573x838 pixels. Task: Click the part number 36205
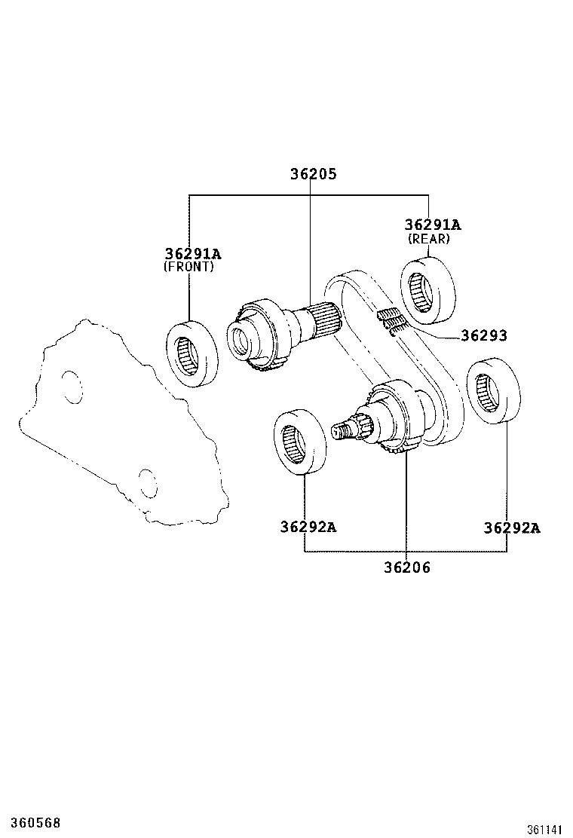[x=313, y=174]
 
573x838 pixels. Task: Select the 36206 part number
[x=406, y=568]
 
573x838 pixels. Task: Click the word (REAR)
[x=428, y=239]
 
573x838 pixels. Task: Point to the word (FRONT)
[x=188, y=267]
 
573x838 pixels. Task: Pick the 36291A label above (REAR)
[x=432, y=225]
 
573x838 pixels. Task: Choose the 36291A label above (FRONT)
[x=193, y=254]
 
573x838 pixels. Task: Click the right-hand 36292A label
[x=512, y=528]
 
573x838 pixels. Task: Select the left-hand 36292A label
[x=308, y=528]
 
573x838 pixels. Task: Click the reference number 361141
[x=544, y=829]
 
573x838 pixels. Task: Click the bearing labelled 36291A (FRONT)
[x=192, y=354]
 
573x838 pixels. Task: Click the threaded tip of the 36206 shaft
[x=342, y=430]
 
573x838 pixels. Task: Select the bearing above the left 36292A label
[x=299, y=442]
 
